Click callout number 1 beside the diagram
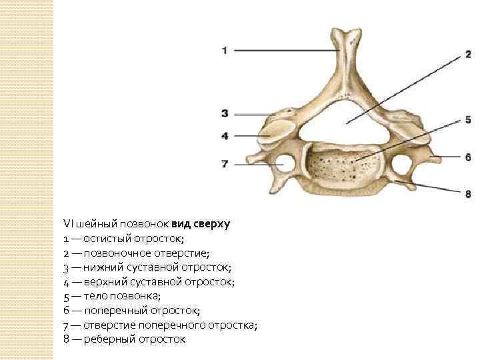tap(225, 50)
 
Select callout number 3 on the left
tap(225, 113)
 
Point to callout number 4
tap(225, 135)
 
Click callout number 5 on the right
tap(467, 120)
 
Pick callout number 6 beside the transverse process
tap(467, 157)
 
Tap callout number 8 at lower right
tap(467, 193)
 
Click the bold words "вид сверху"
tap(200, 224)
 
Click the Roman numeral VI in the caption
tap(67, 224)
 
